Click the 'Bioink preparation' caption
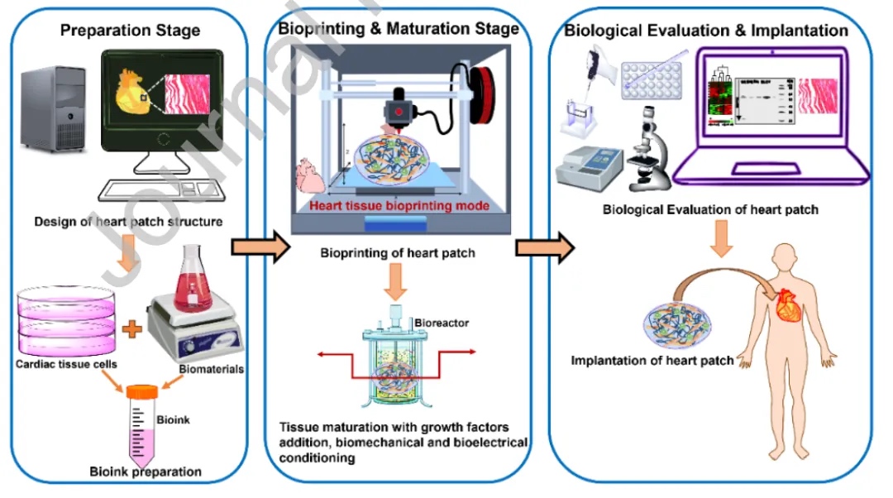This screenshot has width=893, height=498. pyautogui.click(x=146, y=472)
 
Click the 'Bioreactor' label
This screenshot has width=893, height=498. pyautogui.click(x=442, y=323)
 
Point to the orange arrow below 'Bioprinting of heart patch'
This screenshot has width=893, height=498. pyautogui.click(x=397, y=283)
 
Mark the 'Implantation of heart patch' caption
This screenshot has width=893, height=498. pyautogui.click(x=652, y=361)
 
